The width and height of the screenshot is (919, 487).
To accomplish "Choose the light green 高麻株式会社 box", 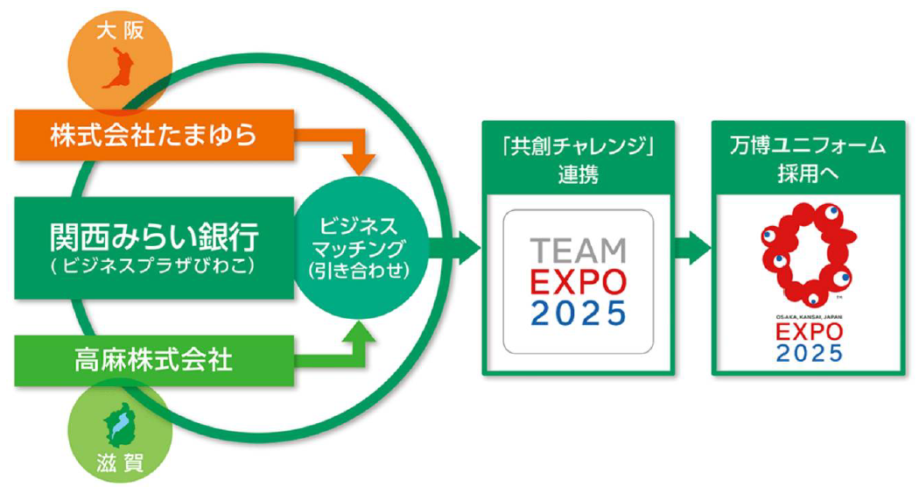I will (153, 358).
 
